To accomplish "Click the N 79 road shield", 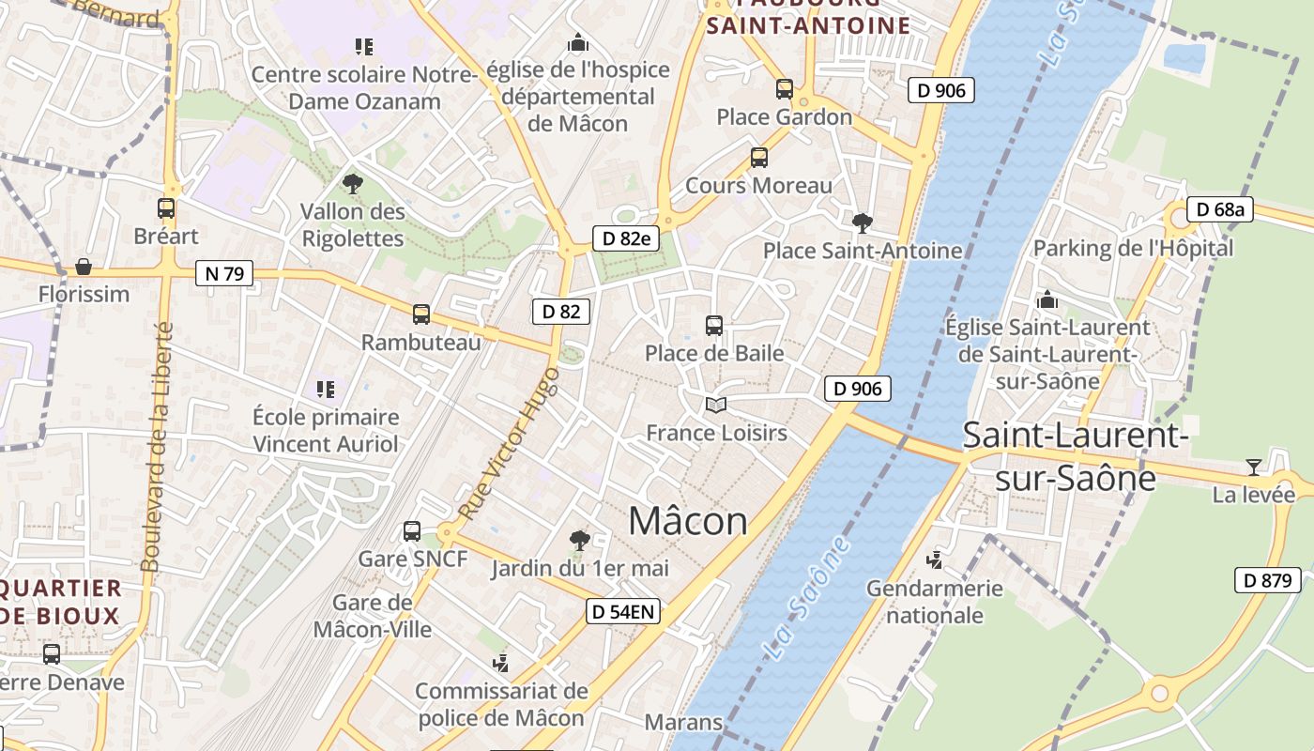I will (x=224, y=273).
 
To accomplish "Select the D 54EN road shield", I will (x=623, y=612).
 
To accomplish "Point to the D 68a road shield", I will (x=1220, y=209).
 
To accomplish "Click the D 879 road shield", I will (x=1267, y=580).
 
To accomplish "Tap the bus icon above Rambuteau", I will (x=421, y=314).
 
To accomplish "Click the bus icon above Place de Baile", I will (x=714, y=326).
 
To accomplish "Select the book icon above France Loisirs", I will (x=716, y=406).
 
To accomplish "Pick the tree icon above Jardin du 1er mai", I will (x=580, y=540).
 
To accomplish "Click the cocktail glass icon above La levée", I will (x=1253, y=467).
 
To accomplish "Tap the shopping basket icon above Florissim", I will (x=84, y=267).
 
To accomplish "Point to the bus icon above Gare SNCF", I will (x=412, y=531).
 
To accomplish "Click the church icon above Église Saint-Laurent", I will (x=1047, y=300).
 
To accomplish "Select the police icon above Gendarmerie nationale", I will (x=934, y=560).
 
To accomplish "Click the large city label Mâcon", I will (x=688, y=521).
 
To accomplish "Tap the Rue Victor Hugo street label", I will (x=511, y=443).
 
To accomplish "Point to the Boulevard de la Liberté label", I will (x=156, y=447).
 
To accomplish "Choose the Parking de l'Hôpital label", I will (x=1133, y=248).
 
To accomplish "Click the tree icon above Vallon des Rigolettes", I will (x=353, y=184).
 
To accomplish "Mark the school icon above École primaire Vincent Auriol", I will (x=326, y=389).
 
